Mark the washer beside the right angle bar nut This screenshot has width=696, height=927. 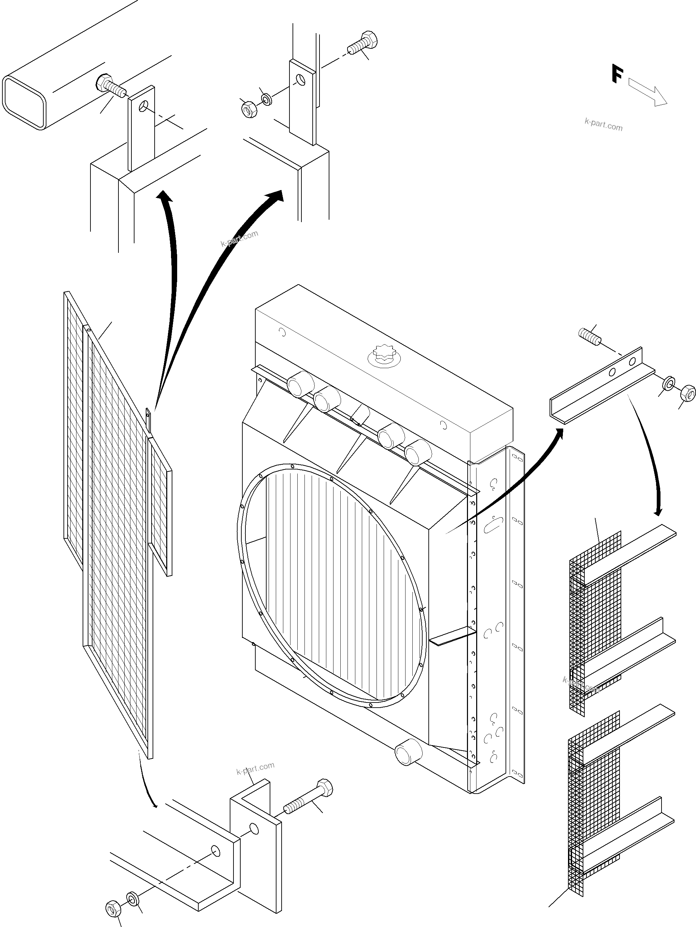coord(669,383)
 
